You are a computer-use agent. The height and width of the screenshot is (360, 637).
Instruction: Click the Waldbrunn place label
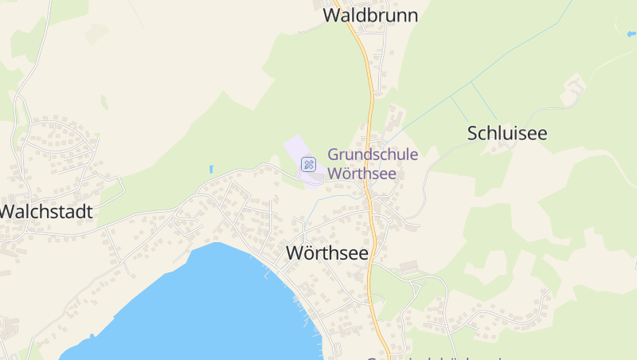point(370,15)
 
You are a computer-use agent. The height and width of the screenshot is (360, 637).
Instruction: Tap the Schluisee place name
point(507,133)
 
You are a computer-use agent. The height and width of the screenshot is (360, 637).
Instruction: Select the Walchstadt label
point(46,212)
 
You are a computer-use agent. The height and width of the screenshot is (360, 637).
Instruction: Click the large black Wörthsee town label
point(326,253)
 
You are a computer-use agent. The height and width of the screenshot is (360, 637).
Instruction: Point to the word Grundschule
point(373,155)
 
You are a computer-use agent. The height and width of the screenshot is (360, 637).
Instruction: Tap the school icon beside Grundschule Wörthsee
point(308,164)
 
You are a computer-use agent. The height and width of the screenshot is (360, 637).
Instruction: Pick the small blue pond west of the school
point(211,169)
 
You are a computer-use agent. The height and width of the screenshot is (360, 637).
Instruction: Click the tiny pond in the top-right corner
point(631,34)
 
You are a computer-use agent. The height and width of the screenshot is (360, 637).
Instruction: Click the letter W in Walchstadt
point(9,212)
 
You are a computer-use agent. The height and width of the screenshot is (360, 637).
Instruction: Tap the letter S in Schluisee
point(473,133)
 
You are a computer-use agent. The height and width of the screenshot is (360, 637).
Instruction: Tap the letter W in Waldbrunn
point(332,15)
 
